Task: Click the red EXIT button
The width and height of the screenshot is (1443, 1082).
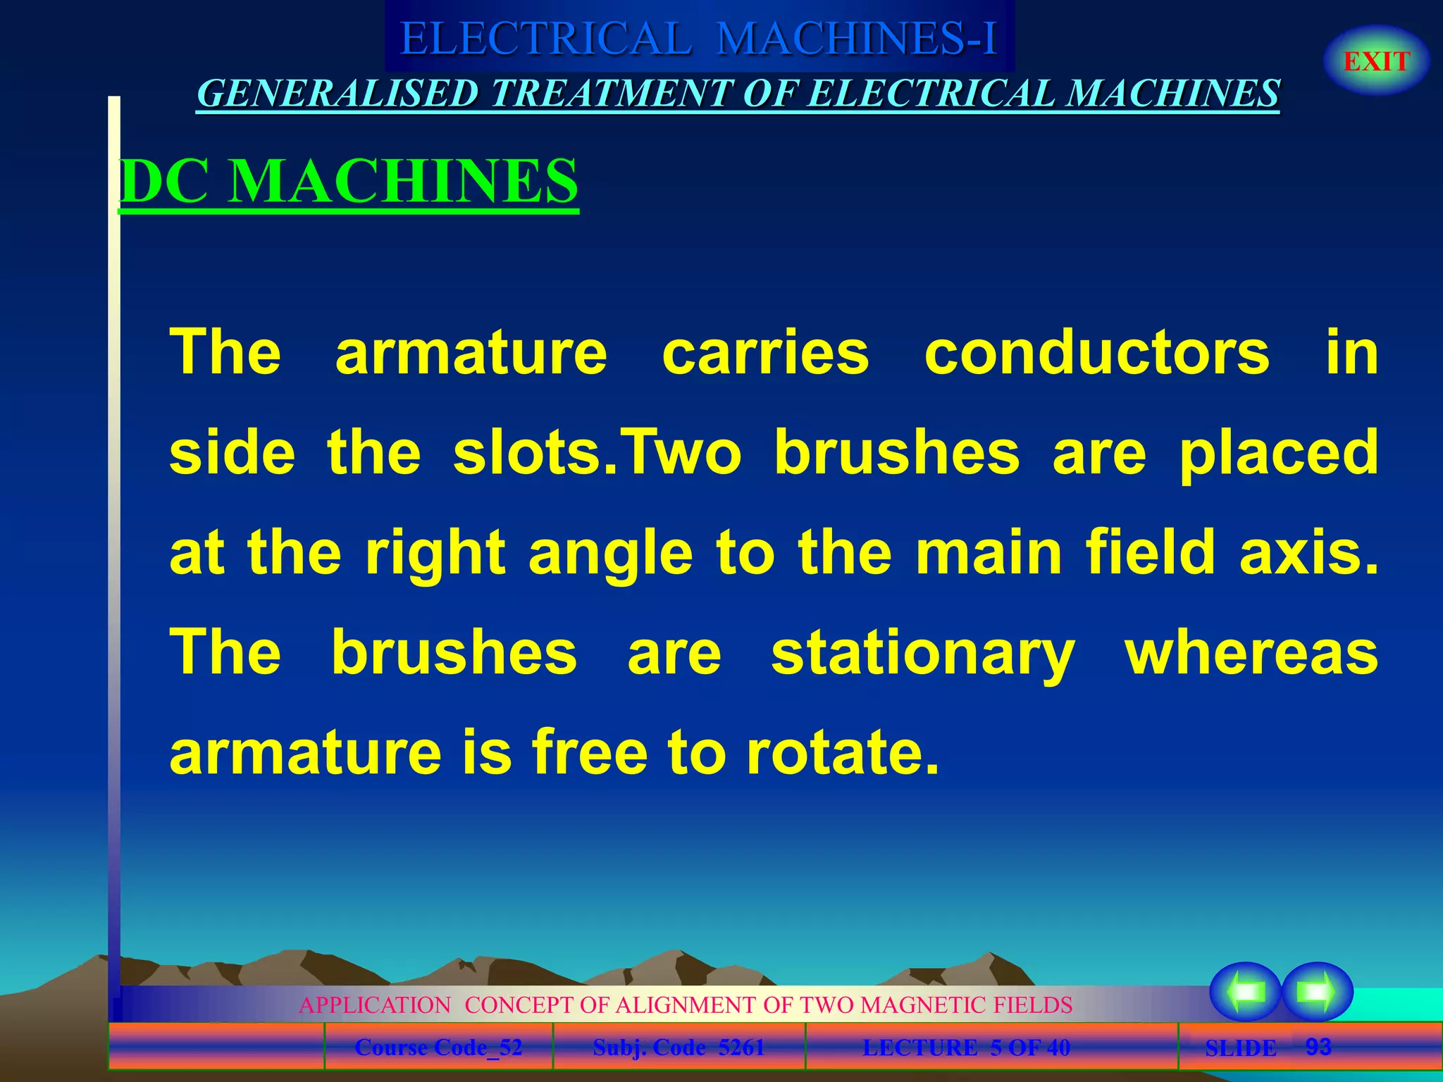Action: (1376, 61)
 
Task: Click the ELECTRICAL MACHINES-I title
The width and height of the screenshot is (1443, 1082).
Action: (698, 38)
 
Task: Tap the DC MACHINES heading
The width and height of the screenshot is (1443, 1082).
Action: (349, 181)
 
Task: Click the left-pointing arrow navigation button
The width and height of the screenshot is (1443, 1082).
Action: (1245, 991)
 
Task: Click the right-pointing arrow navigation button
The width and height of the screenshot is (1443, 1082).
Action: (1316, 991)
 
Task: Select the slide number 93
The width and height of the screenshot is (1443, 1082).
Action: (1318, 1047)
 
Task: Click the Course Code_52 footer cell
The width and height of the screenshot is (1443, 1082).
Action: (438, 1047)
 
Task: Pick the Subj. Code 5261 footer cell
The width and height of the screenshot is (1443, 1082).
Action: (679, 1047)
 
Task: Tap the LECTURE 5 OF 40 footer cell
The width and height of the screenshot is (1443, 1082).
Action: (966, 1047)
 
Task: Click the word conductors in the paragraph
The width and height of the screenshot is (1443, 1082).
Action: (1096, 352)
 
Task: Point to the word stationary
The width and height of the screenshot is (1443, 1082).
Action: (922, 652)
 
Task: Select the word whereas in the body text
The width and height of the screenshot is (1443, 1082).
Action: (1251, 652)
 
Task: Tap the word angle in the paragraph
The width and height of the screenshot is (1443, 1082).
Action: (610, 553)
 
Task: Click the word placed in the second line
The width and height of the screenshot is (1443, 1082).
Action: (1278, 453)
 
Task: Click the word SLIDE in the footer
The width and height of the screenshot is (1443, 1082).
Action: (1240, 1048)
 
